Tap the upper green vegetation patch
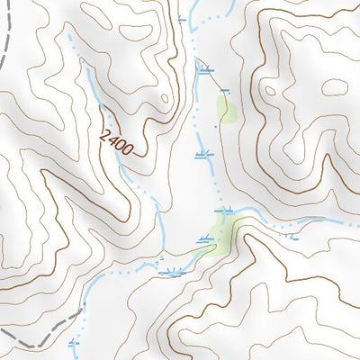click(x=226, y=110)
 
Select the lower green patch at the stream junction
click(x=223, y=233)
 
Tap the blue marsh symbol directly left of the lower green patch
click(x=206, y=240)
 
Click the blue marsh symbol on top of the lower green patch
click(x=221, y=210)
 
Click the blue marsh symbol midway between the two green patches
click(x=204, y=154)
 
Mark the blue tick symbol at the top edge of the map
click(x=183, y=19)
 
